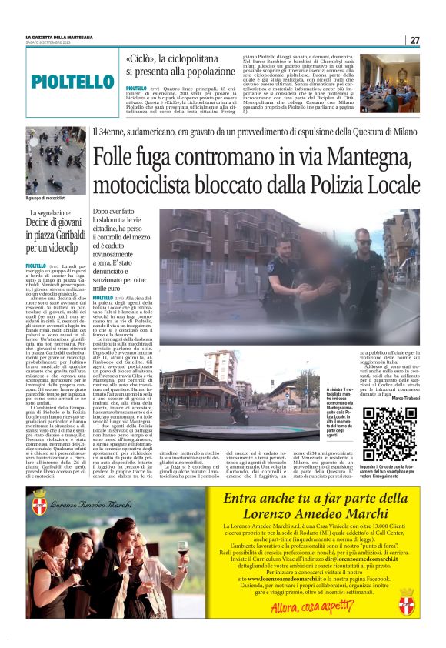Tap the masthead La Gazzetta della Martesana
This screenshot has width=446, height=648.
pyautogui.click(x=59, y=36)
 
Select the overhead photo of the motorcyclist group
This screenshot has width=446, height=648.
pyautogui.click(x=55, y=161)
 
